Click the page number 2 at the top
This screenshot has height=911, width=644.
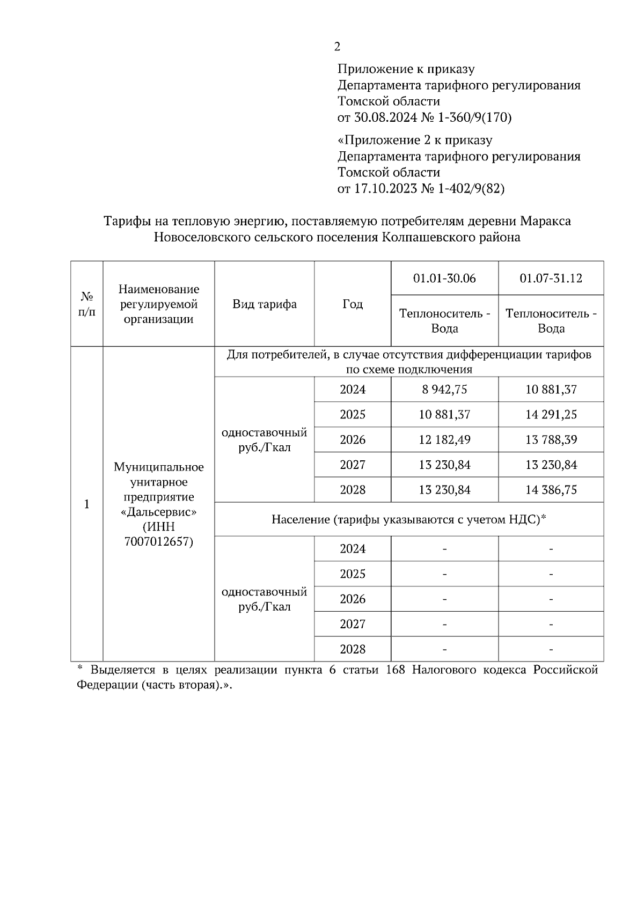337,47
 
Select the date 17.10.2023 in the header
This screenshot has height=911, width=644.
385,189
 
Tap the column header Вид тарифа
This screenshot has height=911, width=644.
264,304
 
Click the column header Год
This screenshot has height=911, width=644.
353,304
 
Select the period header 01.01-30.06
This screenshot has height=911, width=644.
444,278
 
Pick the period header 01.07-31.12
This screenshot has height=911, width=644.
551,278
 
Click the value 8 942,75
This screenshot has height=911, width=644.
444,390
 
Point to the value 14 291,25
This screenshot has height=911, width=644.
551,415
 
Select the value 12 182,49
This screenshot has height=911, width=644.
444,440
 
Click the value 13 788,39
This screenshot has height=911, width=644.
551,440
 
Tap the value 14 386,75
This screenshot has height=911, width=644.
551,490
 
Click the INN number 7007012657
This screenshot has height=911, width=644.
158,541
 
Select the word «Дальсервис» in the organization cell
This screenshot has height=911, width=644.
158,511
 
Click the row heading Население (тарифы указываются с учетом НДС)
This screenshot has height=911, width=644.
408,519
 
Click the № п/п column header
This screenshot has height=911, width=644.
87,304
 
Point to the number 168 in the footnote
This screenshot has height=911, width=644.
395,670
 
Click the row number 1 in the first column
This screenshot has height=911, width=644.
87,504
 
